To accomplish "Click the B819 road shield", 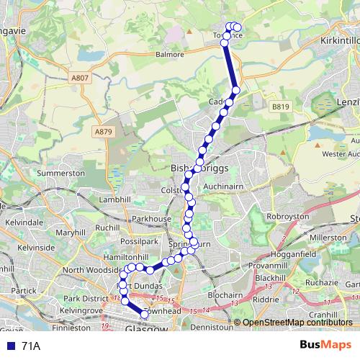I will pos(280,107).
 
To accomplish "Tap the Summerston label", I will pos(61,174).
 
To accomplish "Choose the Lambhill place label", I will pos(96,199).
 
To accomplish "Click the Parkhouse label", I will pos(151,218).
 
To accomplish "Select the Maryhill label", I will pos(70,233).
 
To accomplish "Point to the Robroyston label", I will pos(288,216).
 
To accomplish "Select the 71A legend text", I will pos(31,346).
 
